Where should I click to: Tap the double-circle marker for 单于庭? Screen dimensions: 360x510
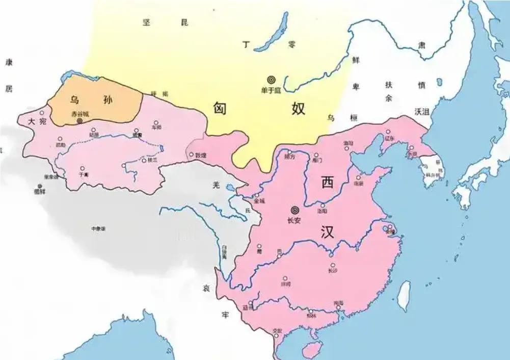tap(271, 80)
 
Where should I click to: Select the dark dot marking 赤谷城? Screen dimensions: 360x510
tap(79, 121)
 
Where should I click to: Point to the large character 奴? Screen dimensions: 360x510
tap(299, 108)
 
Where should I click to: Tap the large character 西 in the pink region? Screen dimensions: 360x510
tap(327, 181)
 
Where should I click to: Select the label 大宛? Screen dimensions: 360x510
tap(37, 122)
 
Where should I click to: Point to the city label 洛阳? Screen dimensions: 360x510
tap(321, 211)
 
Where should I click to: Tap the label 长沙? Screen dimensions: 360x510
tap(333, 271)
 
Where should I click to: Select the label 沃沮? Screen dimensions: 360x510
tap(422, 111)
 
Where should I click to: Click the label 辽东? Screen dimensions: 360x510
tap(390, 138)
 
